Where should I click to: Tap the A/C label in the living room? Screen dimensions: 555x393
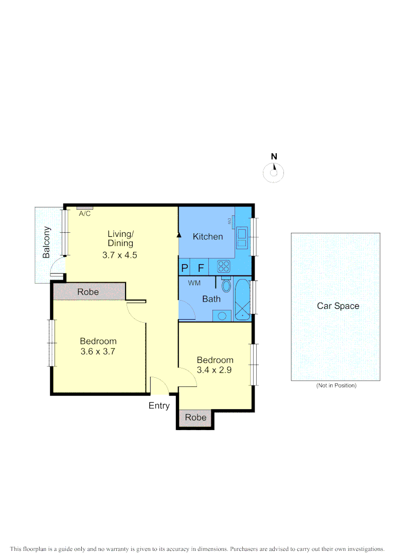pyautogui.click(x=85, y=214)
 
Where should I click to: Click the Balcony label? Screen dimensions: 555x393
pyautogui.click(x=46, y=242)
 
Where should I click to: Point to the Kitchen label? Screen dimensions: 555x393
pyautogui.click(x=208, y=236)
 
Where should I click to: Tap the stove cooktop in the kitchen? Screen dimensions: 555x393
pyautogui.click(x=224, y=266)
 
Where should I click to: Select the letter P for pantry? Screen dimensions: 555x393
pyautogui.click(x=185, y=268)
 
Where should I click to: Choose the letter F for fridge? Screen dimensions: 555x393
pyautogui.click(x=201, y=268)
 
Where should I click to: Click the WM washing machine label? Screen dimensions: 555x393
pyautogui.click(x=194, y=283)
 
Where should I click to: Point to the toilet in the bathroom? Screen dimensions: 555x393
pyautogui.click(x=226, y=285)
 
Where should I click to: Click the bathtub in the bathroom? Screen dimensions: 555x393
pyautogui.click(x=242, y=299)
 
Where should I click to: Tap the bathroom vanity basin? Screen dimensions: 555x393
pyautogui.click(x=222, y=316)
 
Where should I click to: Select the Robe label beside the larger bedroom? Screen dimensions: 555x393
pyautogui.click(x=88, y=292)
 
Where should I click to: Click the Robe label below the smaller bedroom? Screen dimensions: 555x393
pyautogui.click(x=195, y=418)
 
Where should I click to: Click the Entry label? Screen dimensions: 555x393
pyautogui.click(x=159, y=405)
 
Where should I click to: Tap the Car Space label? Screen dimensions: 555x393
pyautogui.click(x=338, y=306)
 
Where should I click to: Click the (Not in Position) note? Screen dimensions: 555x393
pyautogui.click(x=336, y=385)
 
